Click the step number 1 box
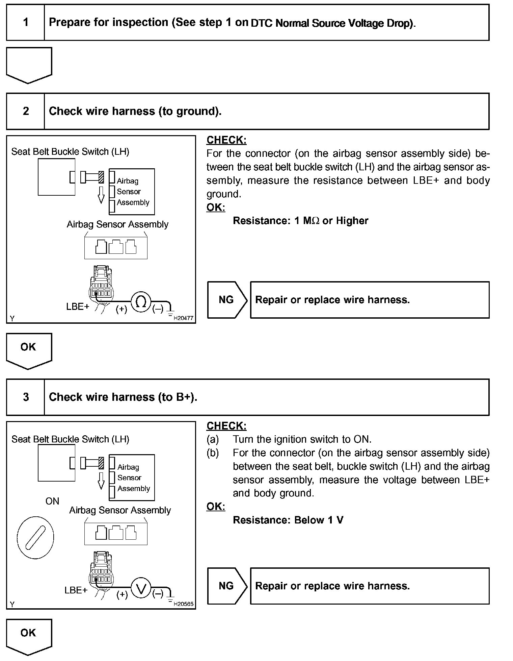(26, 23)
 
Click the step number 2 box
(26, 111)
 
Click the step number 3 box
(26, 397)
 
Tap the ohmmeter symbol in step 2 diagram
(140, 302)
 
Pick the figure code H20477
(183, 318)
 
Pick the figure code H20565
(183, 604)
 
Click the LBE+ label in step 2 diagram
(78, 307)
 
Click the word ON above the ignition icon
(52, 501)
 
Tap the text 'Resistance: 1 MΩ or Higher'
(300, 221)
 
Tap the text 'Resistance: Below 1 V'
(288, 520)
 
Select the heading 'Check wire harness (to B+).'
(123, 397)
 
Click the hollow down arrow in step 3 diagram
(101, 481)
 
